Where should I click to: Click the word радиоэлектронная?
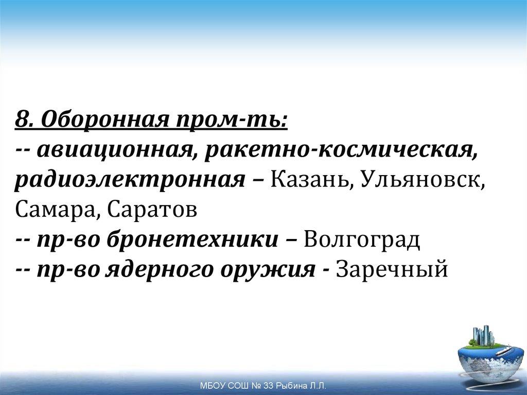click(129, 180)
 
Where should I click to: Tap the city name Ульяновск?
click(423, 180)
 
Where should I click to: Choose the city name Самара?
click(51, 210)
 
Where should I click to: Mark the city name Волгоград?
click(362, 239)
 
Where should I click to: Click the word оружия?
click(268, 269)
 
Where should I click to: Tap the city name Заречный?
click(392, 269)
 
